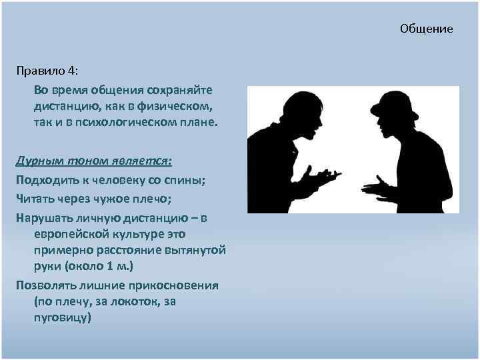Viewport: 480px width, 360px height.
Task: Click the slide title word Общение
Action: coord(426,29)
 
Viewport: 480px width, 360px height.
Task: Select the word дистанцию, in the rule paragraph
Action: coord(64,106)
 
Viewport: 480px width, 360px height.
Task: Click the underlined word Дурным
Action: coord(39,162)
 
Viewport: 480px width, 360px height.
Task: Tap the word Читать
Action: coord(34,197)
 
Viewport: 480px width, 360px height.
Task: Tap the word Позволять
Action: coord(43,285)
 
